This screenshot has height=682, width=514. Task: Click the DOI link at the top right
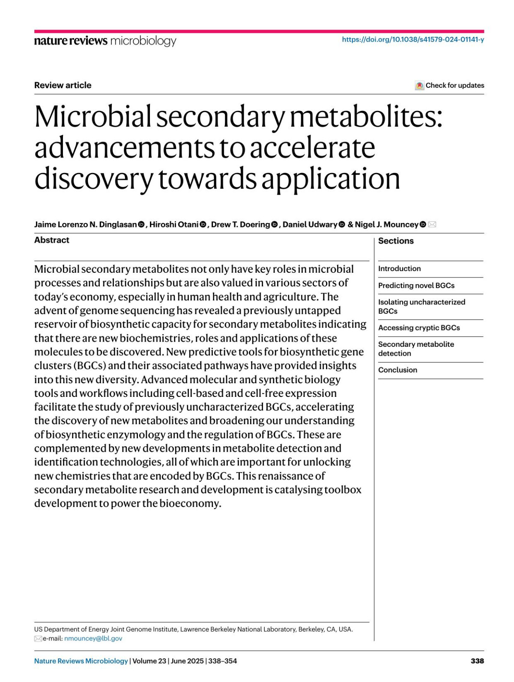413,40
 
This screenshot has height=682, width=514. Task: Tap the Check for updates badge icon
419,86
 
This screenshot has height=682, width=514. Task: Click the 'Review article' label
63,85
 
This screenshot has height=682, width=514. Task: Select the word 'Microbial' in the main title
93,116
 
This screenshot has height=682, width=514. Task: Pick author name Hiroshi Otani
174,225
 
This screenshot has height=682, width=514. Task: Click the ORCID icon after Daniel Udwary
342,225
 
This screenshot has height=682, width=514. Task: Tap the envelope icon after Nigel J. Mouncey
432,225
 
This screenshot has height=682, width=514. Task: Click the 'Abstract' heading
51,240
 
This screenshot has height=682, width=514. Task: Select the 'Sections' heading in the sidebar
396,241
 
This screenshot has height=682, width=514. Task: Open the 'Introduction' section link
399,269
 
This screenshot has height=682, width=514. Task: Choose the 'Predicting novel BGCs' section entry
416,286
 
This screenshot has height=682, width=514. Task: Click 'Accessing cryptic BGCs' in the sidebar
419,328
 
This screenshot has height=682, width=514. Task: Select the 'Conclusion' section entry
397,370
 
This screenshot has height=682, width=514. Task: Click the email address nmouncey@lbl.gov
93,638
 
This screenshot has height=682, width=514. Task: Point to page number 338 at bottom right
477,661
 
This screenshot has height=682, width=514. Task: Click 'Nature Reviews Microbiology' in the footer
81,661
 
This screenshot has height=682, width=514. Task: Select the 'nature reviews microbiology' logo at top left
105,41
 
